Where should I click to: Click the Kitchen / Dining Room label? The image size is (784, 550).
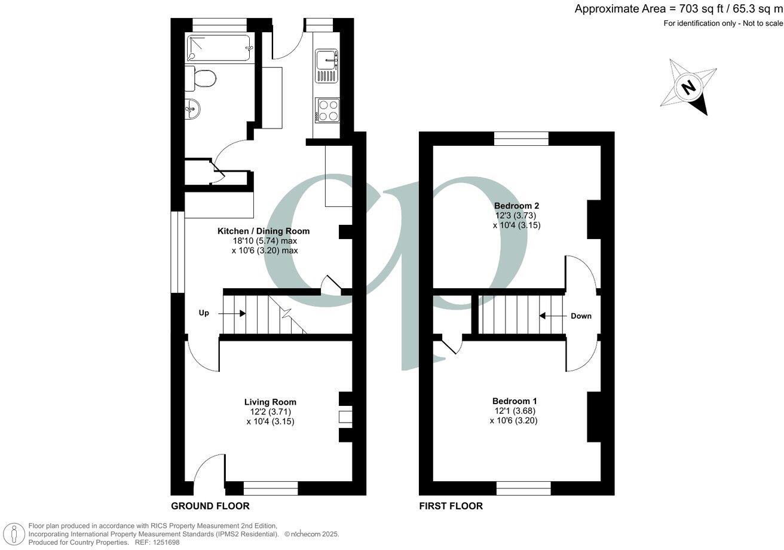[x=264, y=231]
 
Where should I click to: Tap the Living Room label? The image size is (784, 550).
[x=270, y=402]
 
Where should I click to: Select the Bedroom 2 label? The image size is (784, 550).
[x=516, y=206]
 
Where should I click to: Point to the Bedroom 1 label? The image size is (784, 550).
[x=514, y=401]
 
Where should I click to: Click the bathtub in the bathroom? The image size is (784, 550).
[x=218, y=48]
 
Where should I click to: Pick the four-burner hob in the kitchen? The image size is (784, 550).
[x=326, y=109]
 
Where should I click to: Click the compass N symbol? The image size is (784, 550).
[x=689, y=87]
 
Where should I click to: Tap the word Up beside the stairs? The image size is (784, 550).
[x=204, y=313]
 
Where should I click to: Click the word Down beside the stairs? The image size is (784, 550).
[x=581, y=316]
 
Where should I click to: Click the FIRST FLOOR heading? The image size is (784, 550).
[x=451, y=506]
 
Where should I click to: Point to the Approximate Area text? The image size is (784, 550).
[x=678, y=9]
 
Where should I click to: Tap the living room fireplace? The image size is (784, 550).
[x=345, y=417]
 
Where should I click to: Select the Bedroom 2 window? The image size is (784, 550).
[x=521, y=139]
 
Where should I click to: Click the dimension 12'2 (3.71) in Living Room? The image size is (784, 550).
[x=270, y=411]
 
